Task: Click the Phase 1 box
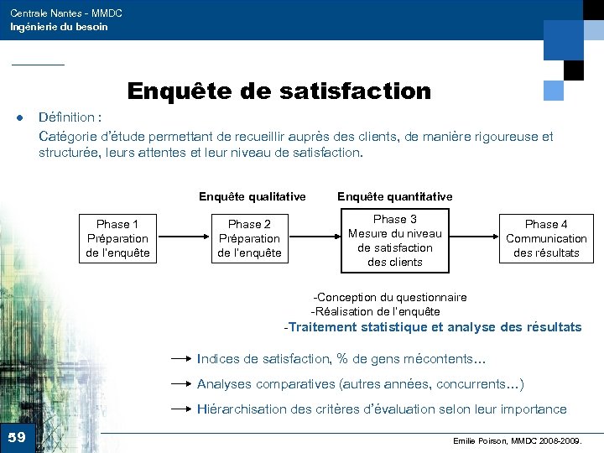click(118, 238)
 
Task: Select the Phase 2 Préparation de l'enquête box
click(250, 238)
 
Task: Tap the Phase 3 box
click(395, 241)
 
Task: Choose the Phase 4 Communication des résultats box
click(546, 238)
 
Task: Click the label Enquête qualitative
click(252, 196)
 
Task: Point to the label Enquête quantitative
click(394, 196)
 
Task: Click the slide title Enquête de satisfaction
click(279, 91)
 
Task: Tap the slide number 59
click(17, 437)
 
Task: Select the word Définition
click(67, 117)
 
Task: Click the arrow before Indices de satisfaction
click(182, 358)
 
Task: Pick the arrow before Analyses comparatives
click(182, 384)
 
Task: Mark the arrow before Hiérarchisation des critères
click(182, 409)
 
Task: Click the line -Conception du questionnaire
click(389, 297)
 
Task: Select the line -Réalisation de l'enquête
click(375, 311)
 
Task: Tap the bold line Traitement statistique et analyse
click(433, 327)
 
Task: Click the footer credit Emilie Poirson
click(516, 440)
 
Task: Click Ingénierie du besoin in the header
click(59, 27)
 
